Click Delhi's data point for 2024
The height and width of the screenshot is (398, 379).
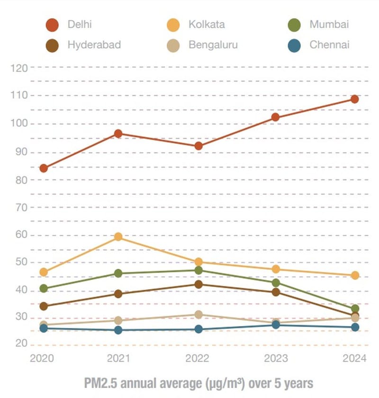354,99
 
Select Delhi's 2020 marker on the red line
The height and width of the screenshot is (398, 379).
44,168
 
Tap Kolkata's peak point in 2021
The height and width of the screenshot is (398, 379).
118,236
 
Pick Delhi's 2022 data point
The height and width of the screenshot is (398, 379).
199,146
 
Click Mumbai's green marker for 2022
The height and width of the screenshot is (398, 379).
199,270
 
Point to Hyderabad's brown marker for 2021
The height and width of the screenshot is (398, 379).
118,294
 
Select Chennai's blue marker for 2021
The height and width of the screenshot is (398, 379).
118,330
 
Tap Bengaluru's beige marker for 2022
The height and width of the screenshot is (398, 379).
199,314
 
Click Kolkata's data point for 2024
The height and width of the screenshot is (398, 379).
354,275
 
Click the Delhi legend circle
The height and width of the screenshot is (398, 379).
52,25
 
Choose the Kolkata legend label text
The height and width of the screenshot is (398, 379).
207,25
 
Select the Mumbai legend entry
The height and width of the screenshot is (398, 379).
329,25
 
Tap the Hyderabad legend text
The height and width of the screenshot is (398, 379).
94,45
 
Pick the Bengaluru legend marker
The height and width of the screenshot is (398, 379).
173,46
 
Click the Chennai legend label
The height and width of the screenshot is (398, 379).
330,45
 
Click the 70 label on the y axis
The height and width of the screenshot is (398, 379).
21,207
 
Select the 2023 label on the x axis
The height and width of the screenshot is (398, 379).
275,359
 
